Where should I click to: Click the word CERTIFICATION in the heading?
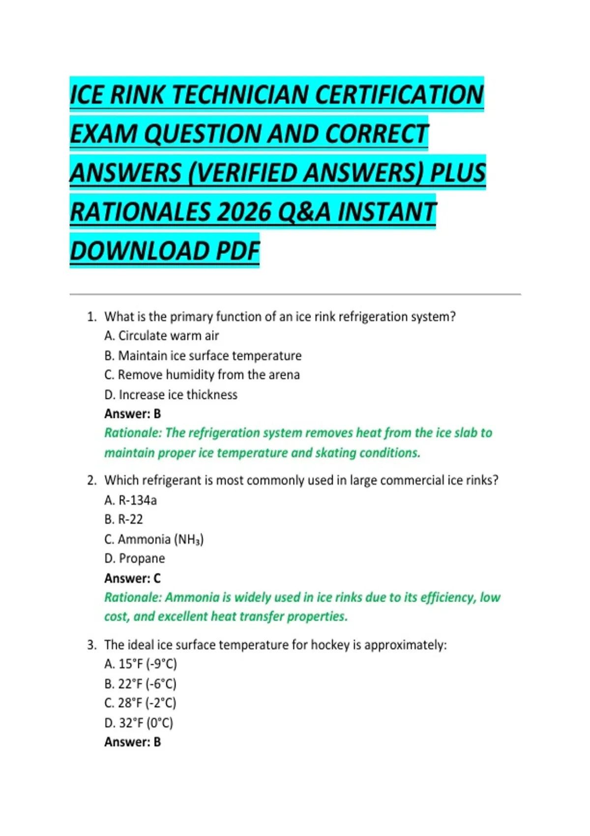399,95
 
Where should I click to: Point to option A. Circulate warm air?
161,336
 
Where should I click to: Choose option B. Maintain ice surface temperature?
203,356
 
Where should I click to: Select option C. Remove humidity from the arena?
202,375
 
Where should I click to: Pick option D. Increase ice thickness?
171,395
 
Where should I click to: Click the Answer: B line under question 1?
132,414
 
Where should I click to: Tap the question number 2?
91,480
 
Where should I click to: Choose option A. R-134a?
130,501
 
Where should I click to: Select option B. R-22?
123,520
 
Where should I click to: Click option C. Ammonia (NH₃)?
154,539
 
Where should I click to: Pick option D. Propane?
134,559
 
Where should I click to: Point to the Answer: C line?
132,578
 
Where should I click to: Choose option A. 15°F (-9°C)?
140,664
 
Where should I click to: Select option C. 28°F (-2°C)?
140,703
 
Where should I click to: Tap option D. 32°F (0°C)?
139,723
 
